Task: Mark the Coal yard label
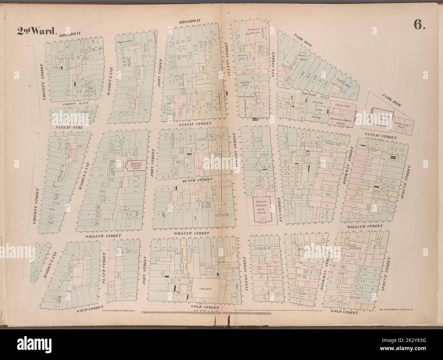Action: pyautogui.click(x=204, y=288)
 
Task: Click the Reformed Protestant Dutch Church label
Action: pyautogui.click(x=260, y=208)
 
